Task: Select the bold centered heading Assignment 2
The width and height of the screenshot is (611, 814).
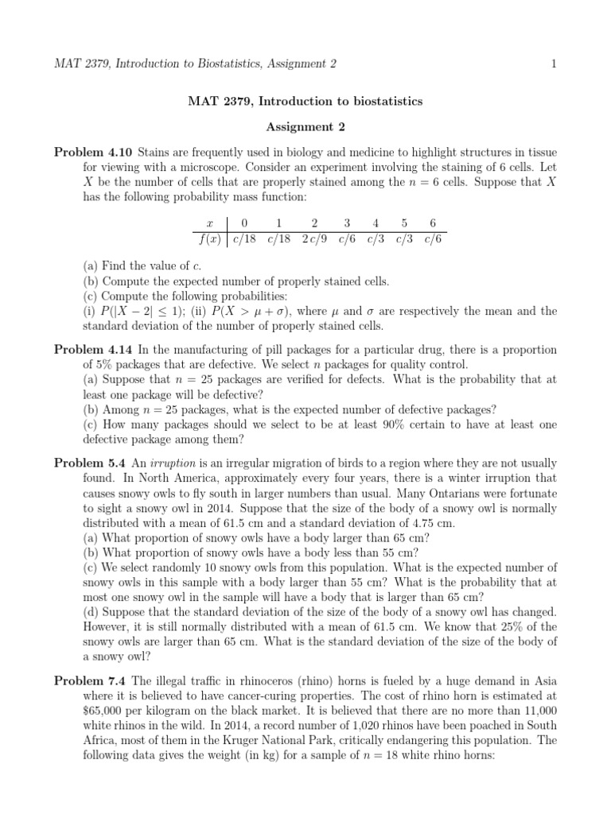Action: click(x=305, y=126)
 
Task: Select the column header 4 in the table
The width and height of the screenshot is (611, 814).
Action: click(x=376, y=224)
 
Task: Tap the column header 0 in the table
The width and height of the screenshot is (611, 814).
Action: click(x=244, y=224)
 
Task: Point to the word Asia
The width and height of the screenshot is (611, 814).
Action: click(x=543, y=681)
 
